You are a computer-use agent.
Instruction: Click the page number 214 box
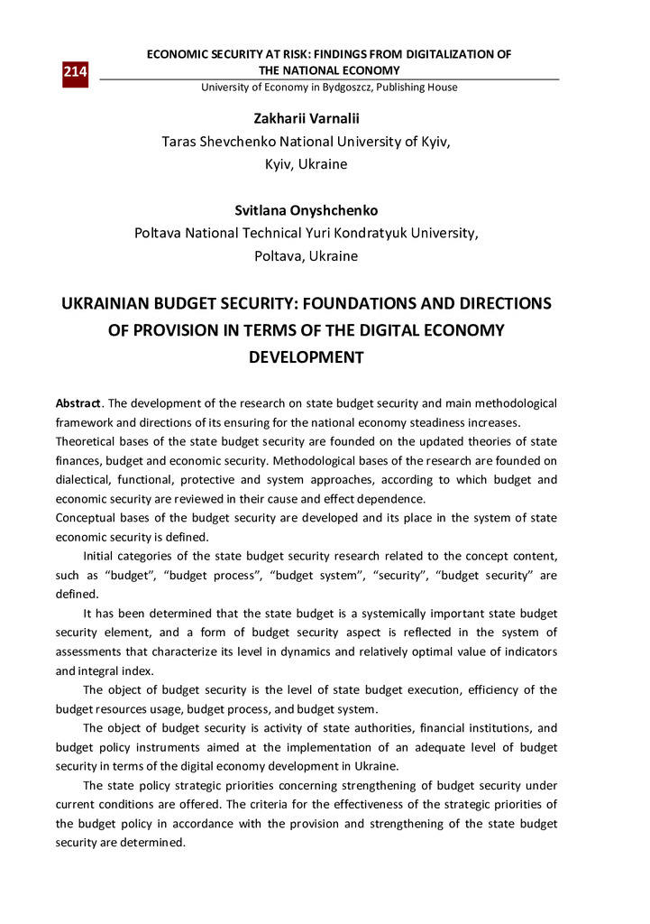point(75,71)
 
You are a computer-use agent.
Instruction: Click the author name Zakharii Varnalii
point(306,119)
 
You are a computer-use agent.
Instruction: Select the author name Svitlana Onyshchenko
point(306,210)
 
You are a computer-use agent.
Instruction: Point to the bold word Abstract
point(78,403)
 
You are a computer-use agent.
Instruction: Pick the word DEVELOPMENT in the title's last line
point(306,357)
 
